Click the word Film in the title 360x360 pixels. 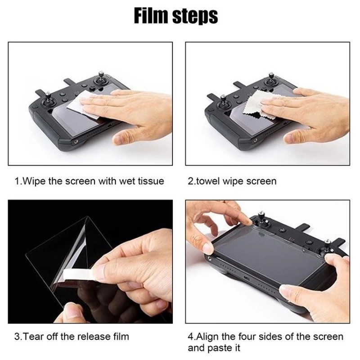(151, 16)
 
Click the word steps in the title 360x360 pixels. (195, 17)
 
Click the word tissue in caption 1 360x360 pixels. (151, 181)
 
